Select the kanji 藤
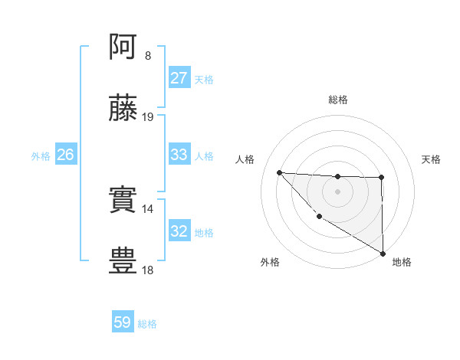[123, 109]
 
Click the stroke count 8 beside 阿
[148, 56]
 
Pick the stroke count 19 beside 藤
[148, 117]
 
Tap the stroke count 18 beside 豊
[148, 270]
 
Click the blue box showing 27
[179, 78]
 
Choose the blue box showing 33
[179, 155]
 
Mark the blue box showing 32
[179, 231]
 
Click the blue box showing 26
[65, 155]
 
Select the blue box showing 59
[123, 322]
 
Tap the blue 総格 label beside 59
[147, 324]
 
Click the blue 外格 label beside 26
[41, 156]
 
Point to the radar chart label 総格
[337, 100]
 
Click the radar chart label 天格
[432, 159]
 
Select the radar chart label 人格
[245, 159]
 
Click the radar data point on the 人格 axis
[279, 172]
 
